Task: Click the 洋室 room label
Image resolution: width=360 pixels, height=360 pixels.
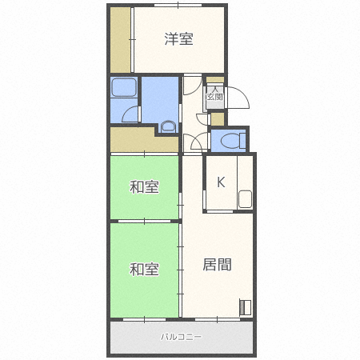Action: [178, 39]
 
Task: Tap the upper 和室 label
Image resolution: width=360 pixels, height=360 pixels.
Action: [144, 186]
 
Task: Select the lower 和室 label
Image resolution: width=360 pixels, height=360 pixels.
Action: [144, 270]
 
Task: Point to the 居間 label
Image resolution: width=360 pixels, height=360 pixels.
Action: [217, 265]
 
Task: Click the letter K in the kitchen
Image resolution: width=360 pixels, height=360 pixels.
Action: [221, 182]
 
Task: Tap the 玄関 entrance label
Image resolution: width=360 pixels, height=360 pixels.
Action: [215, 97]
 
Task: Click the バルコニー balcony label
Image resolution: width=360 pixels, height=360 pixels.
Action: [181, 337]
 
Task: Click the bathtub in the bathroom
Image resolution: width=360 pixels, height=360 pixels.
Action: [123, 87]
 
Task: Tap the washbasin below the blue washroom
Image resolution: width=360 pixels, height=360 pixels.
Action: [169, 126]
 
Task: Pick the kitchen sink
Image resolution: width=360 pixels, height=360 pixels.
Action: [245, 199]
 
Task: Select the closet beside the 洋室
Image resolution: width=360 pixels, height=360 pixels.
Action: [120, 40]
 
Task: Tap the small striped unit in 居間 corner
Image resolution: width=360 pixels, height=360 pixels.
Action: [246, 307]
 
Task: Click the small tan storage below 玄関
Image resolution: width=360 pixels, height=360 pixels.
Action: [218, 119]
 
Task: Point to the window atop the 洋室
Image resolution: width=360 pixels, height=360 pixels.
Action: [178, 5]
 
